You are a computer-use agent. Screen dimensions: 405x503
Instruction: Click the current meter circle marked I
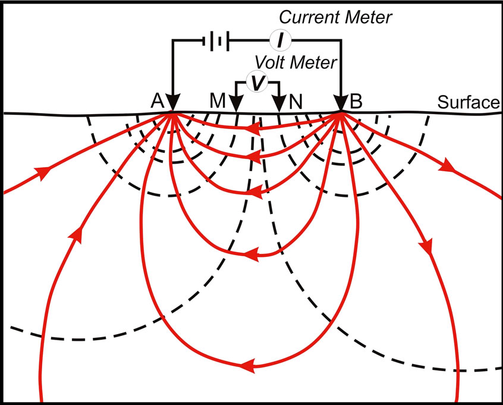point(279,40)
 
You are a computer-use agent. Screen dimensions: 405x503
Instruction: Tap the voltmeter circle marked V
point(256,84)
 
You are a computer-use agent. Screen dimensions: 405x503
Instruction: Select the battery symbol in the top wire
point(216,40)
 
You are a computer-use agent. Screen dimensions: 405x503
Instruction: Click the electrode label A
point(158,102)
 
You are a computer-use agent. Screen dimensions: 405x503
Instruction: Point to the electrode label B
point(356,102)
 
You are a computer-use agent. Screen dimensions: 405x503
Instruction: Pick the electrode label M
point(217,102)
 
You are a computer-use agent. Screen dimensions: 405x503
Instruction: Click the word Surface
point(468,102)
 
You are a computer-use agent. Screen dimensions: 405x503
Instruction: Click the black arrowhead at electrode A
point(172,103)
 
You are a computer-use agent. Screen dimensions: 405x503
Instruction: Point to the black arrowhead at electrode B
point(341,103)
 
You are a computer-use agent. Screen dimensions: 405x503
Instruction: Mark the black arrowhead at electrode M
point(236,105)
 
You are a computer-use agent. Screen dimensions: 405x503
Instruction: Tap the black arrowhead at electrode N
point(278,105)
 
